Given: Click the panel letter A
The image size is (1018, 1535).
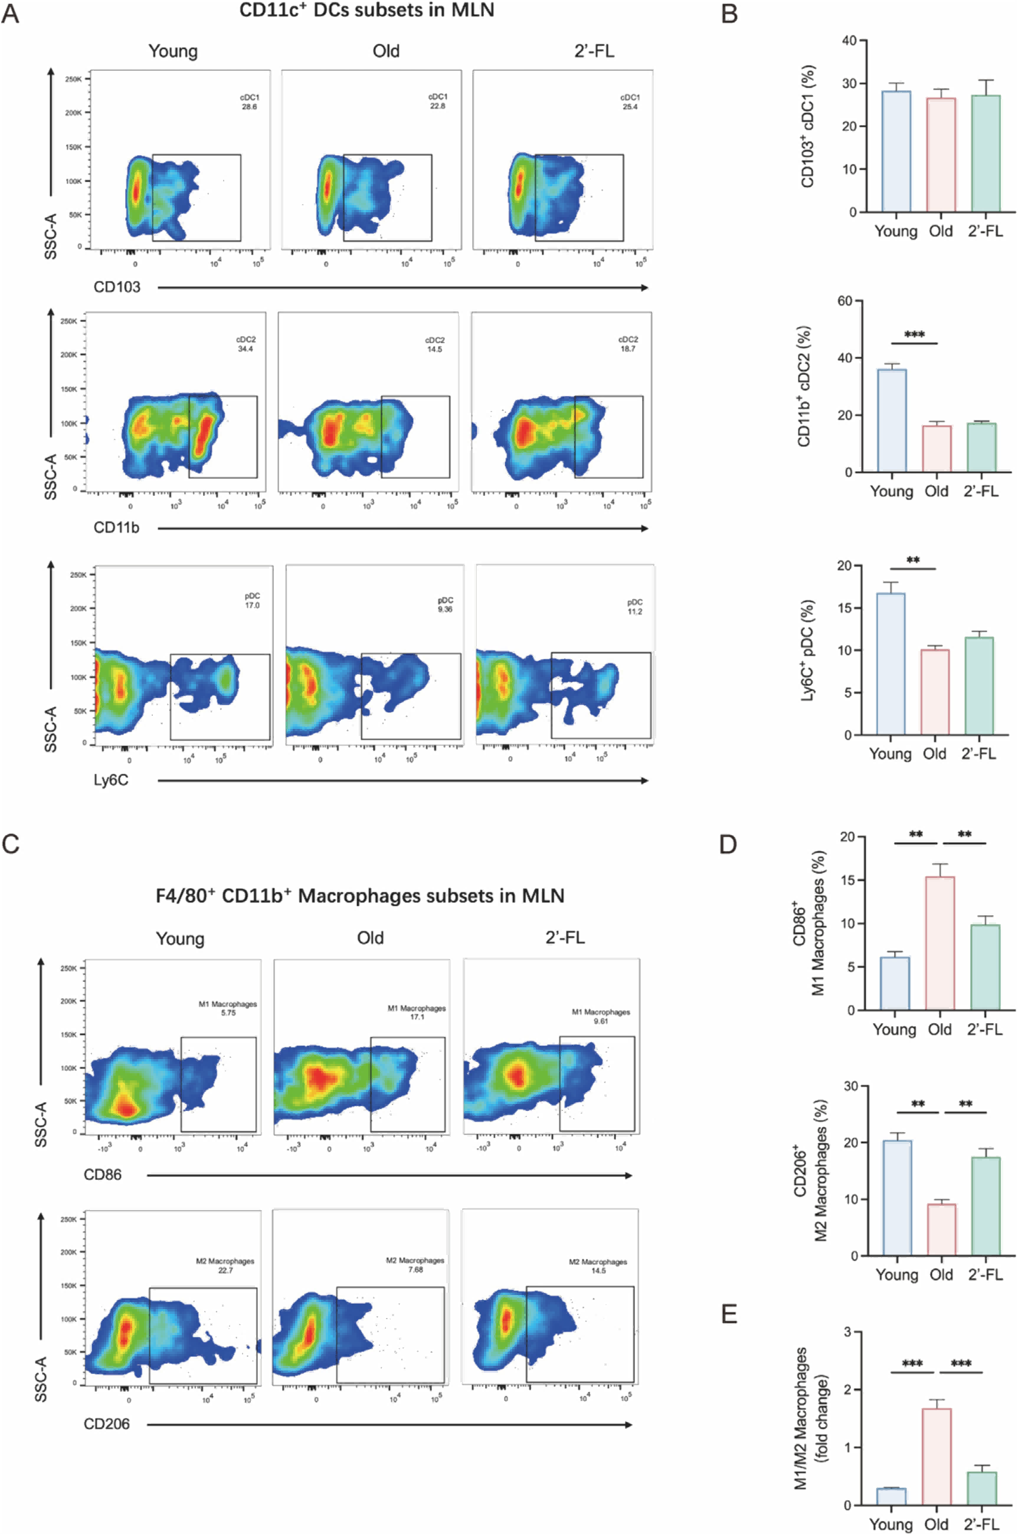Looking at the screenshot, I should click(11, 14).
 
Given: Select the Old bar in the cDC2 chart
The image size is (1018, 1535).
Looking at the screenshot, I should click(936, 448).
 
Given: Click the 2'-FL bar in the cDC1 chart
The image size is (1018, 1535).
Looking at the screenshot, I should click(986, 153).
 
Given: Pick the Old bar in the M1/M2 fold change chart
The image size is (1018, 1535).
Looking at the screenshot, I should click(936, 1457).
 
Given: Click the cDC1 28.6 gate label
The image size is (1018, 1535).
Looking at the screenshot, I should click(249, 102).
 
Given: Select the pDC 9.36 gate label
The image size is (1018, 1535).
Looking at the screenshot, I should click(445, 604).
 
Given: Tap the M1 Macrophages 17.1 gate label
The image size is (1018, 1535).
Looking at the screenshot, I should click(417, 1012).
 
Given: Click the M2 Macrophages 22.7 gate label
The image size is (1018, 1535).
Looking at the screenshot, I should click(225, 1266).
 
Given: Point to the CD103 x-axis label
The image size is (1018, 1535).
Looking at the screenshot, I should click(117, 287).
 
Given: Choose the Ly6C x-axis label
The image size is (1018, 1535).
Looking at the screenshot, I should click(111, 780).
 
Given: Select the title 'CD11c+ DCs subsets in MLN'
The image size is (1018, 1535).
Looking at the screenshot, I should click(367, 11).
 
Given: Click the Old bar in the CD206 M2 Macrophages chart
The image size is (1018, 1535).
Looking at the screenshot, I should click(941, 1230).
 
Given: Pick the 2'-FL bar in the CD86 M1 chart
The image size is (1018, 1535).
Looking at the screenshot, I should click(985, 967).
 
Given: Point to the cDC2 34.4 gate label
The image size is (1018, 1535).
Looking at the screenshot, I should click(246, 344).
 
